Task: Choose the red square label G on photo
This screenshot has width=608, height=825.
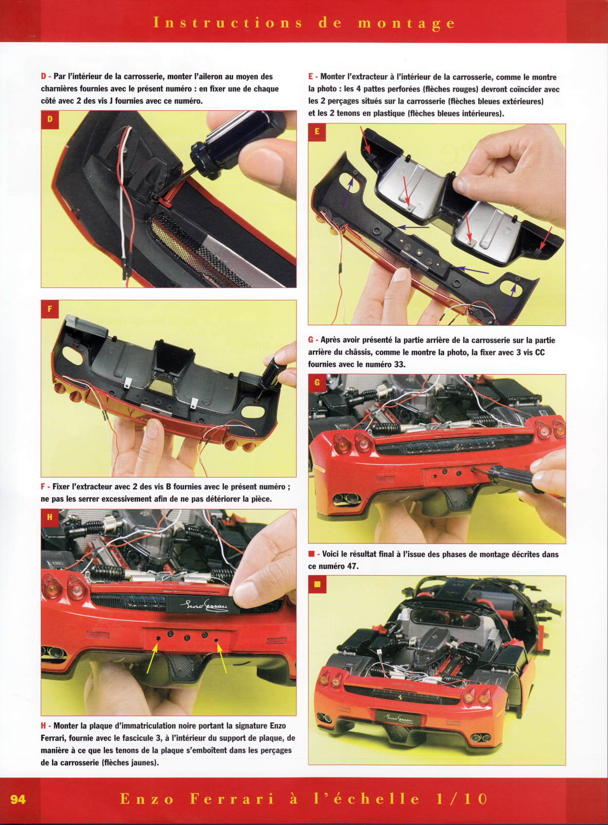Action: pos(317,384)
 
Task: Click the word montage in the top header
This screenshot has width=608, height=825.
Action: pos(406,24)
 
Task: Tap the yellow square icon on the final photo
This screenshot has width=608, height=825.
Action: pos(317,585)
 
